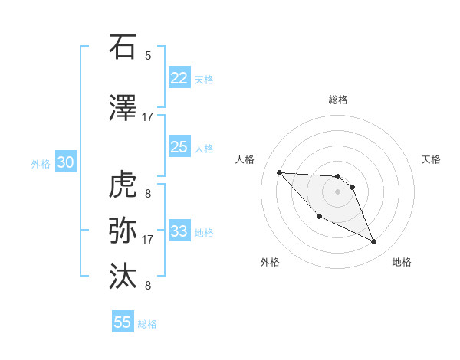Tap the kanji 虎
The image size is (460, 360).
123,185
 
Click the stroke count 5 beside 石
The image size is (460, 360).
148,56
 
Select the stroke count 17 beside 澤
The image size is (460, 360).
148,117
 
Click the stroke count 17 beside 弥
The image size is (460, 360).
148,240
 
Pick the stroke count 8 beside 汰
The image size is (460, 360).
148,286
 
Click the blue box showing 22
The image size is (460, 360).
179,78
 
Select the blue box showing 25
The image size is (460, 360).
179,148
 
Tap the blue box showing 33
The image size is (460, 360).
179,231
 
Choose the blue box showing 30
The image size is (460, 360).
65,162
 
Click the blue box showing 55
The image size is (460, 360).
123,322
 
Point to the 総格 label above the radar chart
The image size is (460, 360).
337,100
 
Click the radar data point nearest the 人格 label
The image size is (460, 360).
279,172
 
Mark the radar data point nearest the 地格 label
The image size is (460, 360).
374,242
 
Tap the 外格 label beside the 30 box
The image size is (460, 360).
41,163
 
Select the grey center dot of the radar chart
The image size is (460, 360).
337,191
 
